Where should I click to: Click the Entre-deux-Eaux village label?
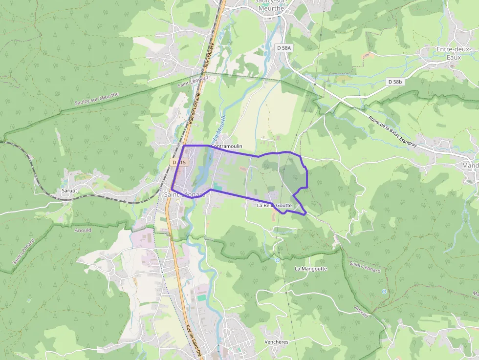453,53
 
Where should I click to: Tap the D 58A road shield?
283,48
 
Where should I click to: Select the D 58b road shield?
395,82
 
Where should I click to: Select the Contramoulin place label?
226,146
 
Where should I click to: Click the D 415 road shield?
179,162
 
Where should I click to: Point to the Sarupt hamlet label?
69,191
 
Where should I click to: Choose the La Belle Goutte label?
274,206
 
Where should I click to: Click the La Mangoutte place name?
311,269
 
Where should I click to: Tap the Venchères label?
276,341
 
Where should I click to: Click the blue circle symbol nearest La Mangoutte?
278,260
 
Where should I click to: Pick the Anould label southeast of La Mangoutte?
361,311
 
